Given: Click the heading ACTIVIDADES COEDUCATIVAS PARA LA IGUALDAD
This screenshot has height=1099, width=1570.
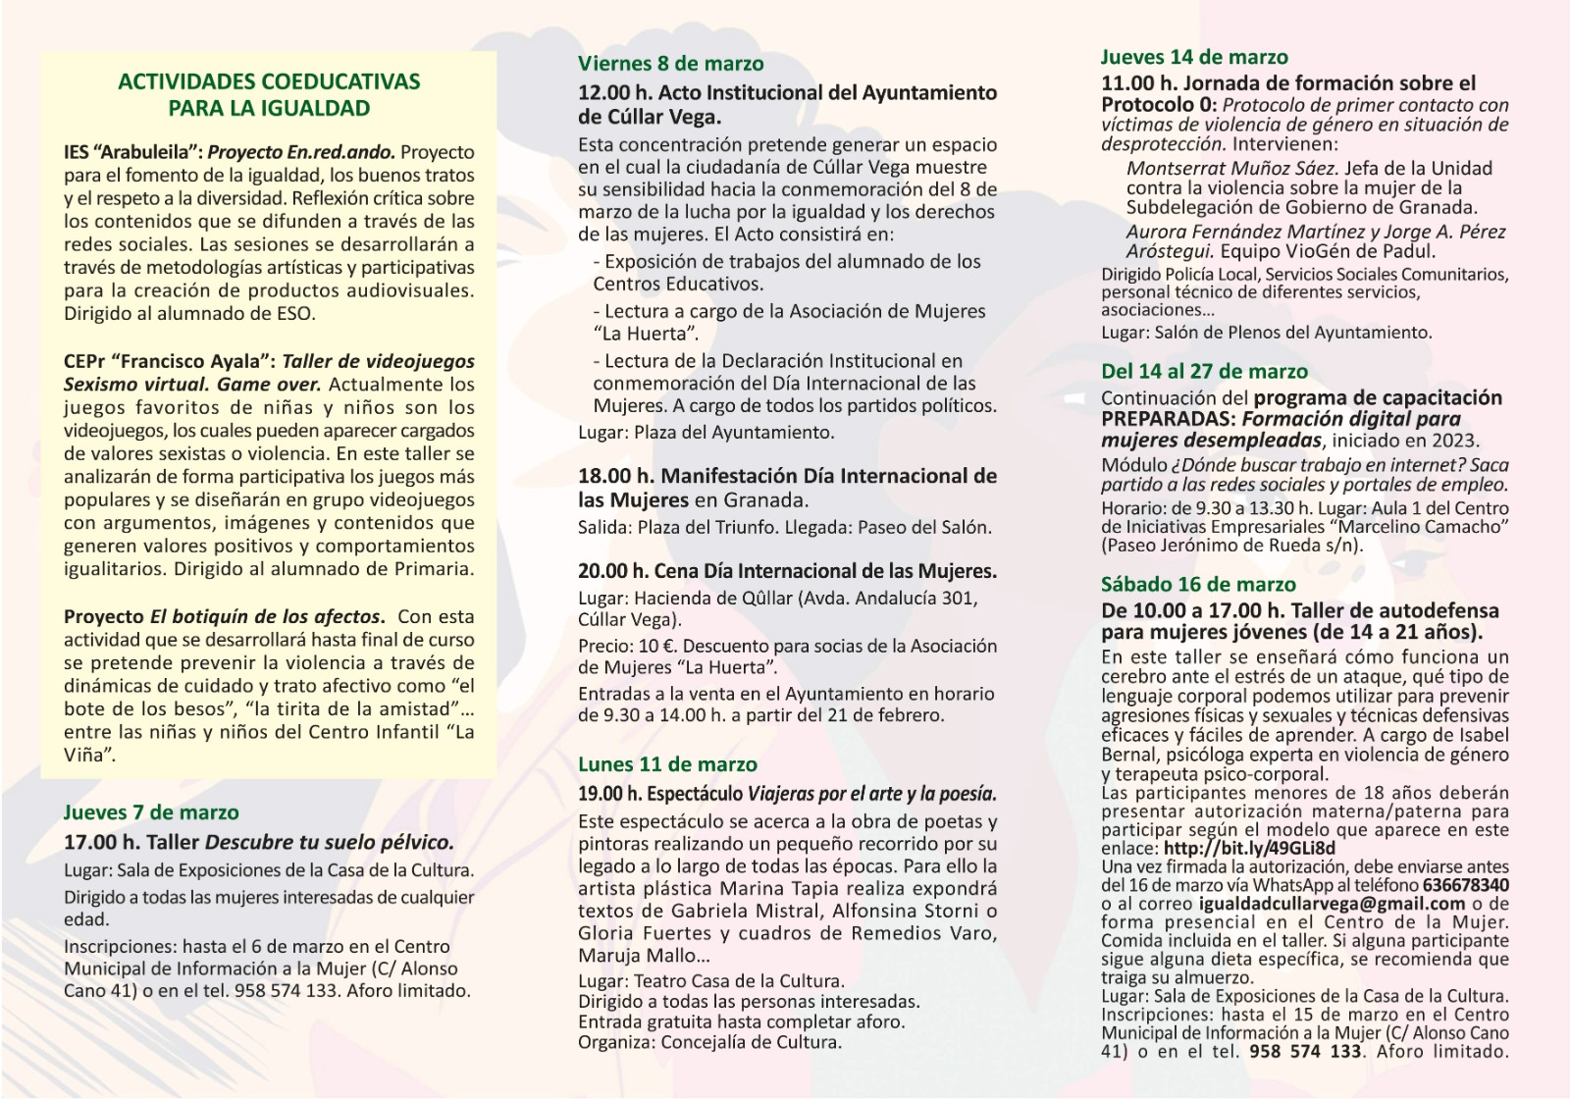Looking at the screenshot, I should pos(269,95).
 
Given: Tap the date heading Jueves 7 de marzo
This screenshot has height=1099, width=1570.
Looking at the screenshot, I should pos(151,812).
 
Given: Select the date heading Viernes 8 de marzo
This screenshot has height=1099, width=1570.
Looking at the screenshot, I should pos(670,64).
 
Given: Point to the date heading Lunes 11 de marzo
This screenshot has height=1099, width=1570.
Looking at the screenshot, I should pos(667,764).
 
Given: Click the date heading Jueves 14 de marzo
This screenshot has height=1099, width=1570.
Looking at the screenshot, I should pos(1194,57).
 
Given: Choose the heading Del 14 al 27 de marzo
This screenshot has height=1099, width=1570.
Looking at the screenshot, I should pos(1204,371).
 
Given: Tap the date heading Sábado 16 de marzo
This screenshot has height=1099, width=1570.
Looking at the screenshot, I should pos(1198,585).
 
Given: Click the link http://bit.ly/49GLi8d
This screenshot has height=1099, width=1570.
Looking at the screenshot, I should pos(1249,849).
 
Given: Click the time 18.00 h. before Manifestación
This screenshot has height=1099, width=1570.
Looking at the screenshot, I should pos(615,477).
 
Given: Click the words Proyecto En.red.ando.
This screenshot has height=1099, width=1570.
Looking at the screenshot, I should pos(301,153).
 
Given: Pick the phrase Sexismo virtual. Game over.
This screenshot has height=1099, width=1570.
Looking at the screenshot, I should pos(192,385).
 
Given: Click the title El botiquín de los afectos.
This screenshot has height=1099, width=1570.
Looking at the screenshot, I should pos(267,617).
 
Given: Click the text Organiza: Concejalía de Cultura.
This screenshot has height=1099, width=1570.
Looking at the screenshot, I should pos(709,1042).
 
